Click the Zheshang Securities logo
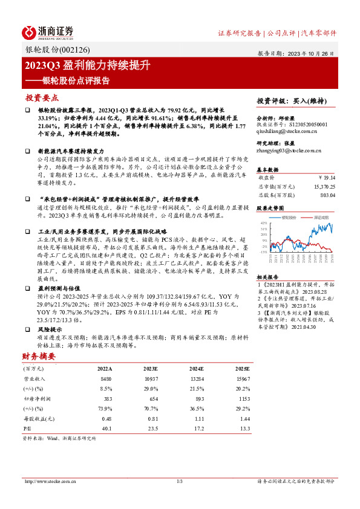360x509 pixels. [48, 32]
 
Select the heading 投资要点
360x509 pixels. [42, 97]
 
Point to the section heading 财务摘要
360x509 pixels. [39, 356]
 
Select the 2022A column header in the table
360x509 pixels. [104, 368]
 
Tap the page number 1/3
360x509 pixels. [179, 481]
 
